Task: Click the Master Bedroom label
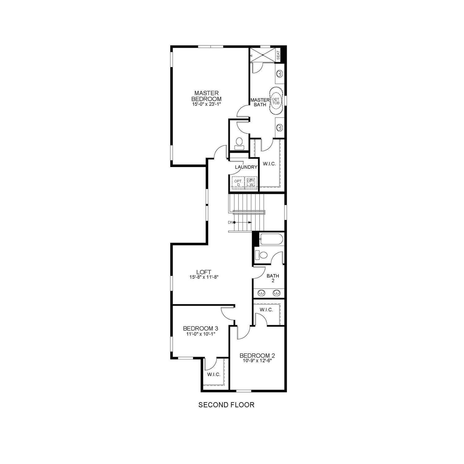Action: click(206, 96)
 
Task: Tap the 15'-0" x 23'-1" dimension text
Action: click(206, 105)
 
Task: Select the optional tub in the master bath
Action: click(276, 101)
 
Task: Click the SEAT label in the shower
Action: click(278, 55)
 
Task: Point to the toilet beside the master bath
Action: click(239, 143)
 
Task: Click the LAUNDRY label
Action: click(246, 167)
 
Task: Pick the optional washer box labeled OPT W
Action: click(251, 183)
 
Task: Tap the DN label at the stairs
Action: click(230, 222)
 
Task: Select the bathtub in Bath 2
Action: click(271, 239)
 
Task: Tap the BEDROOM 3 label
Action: click(198, 328)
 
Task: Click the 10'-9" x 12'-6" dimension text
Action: click(257, 361)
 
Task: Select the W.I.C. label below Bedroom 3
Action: click(214, 375)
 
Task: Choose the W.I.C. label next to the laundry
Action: click(269, 164)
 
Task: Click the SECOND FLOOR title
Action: click(226, 405)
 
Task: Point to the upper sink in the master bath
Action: click(279, 74)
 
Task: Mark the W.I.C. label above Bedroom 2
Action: click(266, 310)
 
